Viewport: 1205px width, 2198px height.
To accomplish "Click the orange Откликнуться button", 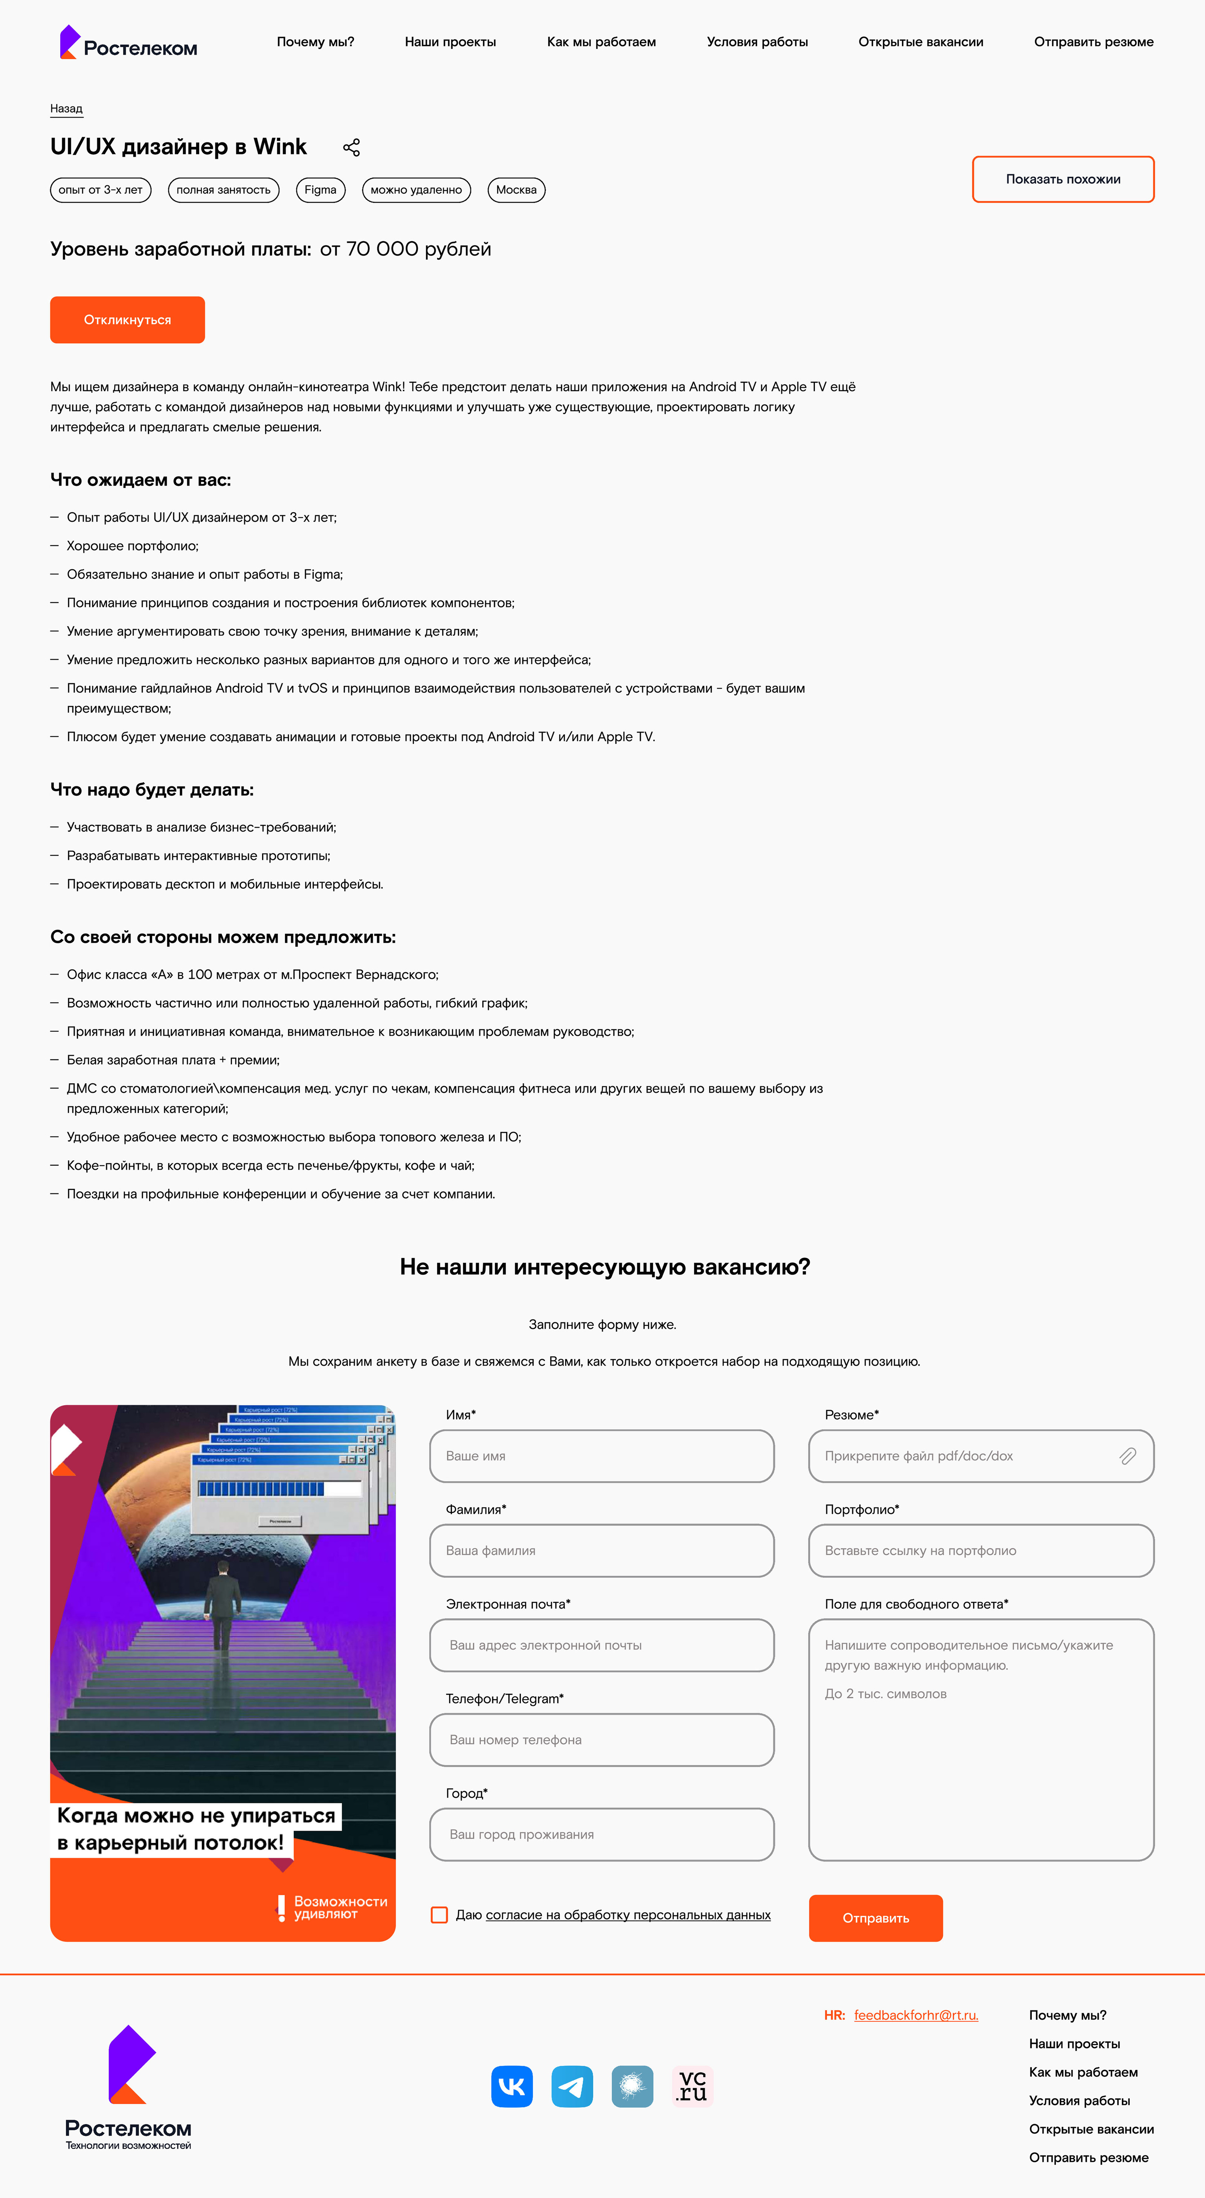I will (127, 320).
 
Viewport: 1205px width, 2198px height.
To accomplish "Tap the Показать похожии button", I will (1063, 179).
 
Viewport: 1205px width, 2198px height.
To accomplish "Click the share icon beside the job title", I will (351, 148).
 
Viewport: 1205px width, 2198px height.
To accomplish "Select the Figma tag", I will (320, 190).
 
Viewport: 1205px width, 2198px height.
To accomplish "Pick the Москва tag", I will (516, 190).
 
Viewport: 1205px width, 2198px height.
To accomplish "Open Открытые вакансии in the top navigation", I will (920, 42).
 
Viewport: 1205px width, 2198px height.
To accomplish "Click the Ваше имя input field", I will (601, 1456).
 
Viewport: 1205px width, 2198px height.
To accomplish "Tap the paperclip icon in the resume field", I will (1127, 1456).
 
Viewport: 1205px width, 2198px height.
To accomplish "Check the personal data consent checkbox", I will (439, 1915).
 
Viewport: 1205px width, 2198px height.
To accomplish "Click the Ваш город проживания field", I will (601, 1834).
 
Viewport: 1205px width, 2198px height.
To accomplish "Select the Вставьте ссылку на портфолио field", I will (981, 1550).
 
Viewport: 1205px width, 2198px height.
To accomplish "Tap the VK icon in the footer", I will (512, 2086).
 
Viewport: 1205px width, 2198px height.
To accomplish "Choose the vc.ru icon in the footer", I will (692, 2086).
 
